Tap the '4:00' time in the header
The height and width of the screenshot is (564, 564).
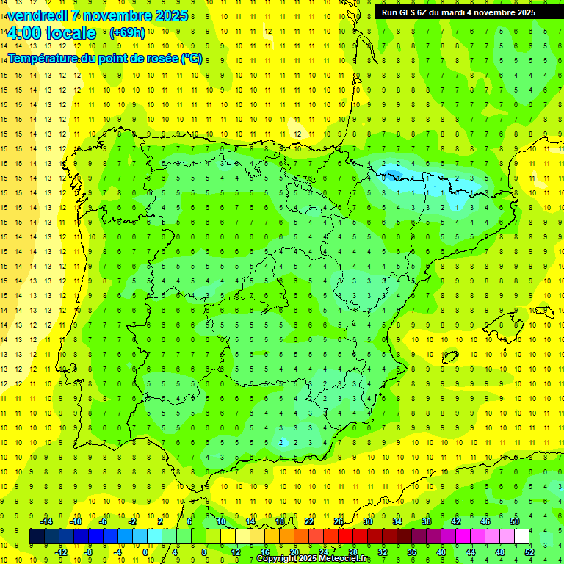click(23, 33)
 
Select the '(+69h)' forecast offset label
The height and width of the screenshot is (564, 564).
click(126, 33)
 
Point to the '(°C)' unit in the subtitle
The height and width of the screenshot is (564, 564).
click(192, 58)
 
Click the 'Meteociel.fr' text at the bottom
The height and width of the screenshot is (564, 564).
click(345, 559)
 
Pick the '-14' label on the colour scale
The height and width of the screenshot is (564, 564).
click(46, 521)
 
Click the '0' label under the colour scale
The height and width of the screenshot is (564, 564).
click(146, 552)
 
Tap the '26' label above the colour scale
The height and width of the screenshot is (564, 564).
click(339, 521)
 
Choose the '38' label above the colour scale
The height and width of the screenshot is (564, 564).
click(427, 521)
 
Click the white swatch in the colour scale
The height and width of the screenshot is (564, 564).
click(521, 537)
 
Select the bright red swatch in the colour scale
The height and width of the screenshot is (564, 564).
click(345, 537)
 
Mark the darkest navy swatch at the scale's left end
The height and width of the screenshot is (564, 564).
click(37, 537)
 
